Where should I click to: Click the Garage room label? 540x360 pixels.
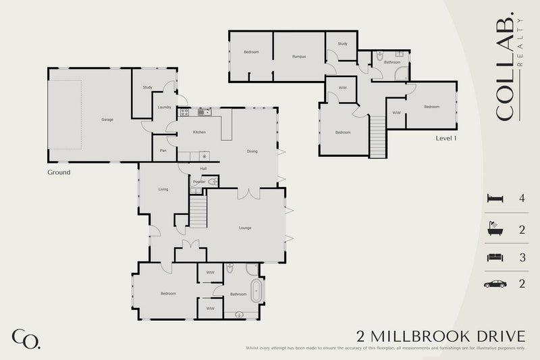coord(107,120)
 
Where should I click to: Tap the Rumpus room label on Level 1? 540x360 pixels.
coord(299,57)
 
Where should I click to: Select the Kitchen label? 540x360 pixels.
coord(199,132)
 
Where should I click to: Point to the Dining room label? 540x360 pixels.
coord(252,151)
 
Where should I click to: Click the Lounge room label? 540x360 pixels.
coord(245,228)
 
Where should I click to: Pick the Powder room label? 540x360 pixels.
coord(199,182)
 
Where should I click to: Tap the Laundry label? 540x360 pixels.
coord(164,107)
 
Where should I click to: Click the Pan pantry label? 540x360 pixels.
coord(163,151)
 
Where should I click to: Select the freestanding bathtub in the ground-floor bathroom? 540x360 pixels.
coord(255,292)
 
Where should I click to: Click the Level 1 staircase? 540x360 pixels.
coord(377,135)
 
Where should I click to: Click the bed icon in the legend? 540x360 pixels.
coord(494,199)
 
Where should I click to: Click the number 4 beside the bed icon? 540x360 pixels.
coord(522,199)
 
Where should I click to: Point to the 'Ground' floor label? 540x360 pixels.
coord(59,172)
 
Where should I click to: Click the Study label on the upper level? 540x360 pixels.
coord(342,44)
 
